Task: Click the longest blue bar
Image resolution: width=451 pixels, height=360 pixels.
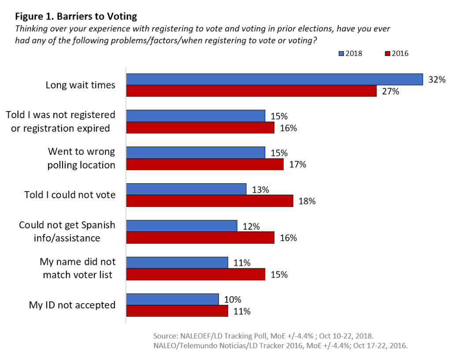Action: pos(274,79)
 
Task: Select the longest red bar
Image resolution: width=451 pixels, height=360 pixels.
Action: pos(251,91)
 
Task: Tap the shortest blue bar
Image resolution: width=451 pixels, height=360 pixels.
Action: pos(172,299)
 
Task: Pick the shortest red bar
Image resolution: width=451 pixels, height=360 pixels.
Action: pos(177,311)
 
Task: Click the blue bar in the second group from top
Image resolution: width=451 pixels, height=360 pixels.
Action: pos(195,116)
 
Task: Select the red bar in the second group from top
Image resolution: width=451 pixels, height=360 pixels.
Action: pos(200,127)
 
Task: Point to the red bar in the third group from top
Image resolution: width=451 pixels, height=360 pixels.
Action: pos(204,164)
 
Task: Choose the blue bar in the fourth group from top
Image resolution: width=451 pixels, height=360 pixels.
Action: pos(186,189)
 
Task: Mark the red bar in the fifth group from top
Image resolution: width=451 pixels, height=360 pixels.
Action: pos(200,238)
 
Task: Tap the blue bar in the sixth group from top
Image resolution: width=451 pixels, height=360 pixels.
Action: pos(177,263)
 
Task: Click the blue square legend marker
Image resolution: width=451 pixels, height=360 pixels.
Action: pos(341,54)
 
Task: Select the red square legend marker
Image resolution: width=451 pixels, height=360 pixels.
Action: pos(388,54)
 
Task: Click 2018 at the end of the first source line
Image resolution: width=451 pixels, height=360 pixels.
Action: pos(365,336)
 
